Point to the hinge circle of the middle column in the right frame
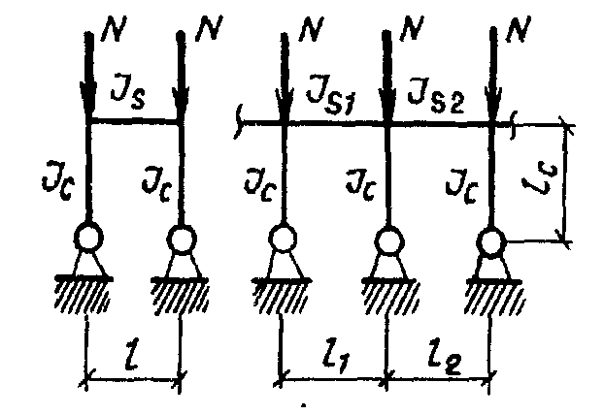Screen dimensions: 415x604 click(388, 239)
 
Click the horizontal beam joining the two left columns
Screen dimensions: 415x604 click(135, 122)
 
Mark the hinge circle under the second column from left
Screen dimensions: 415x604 click(181, 238)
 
